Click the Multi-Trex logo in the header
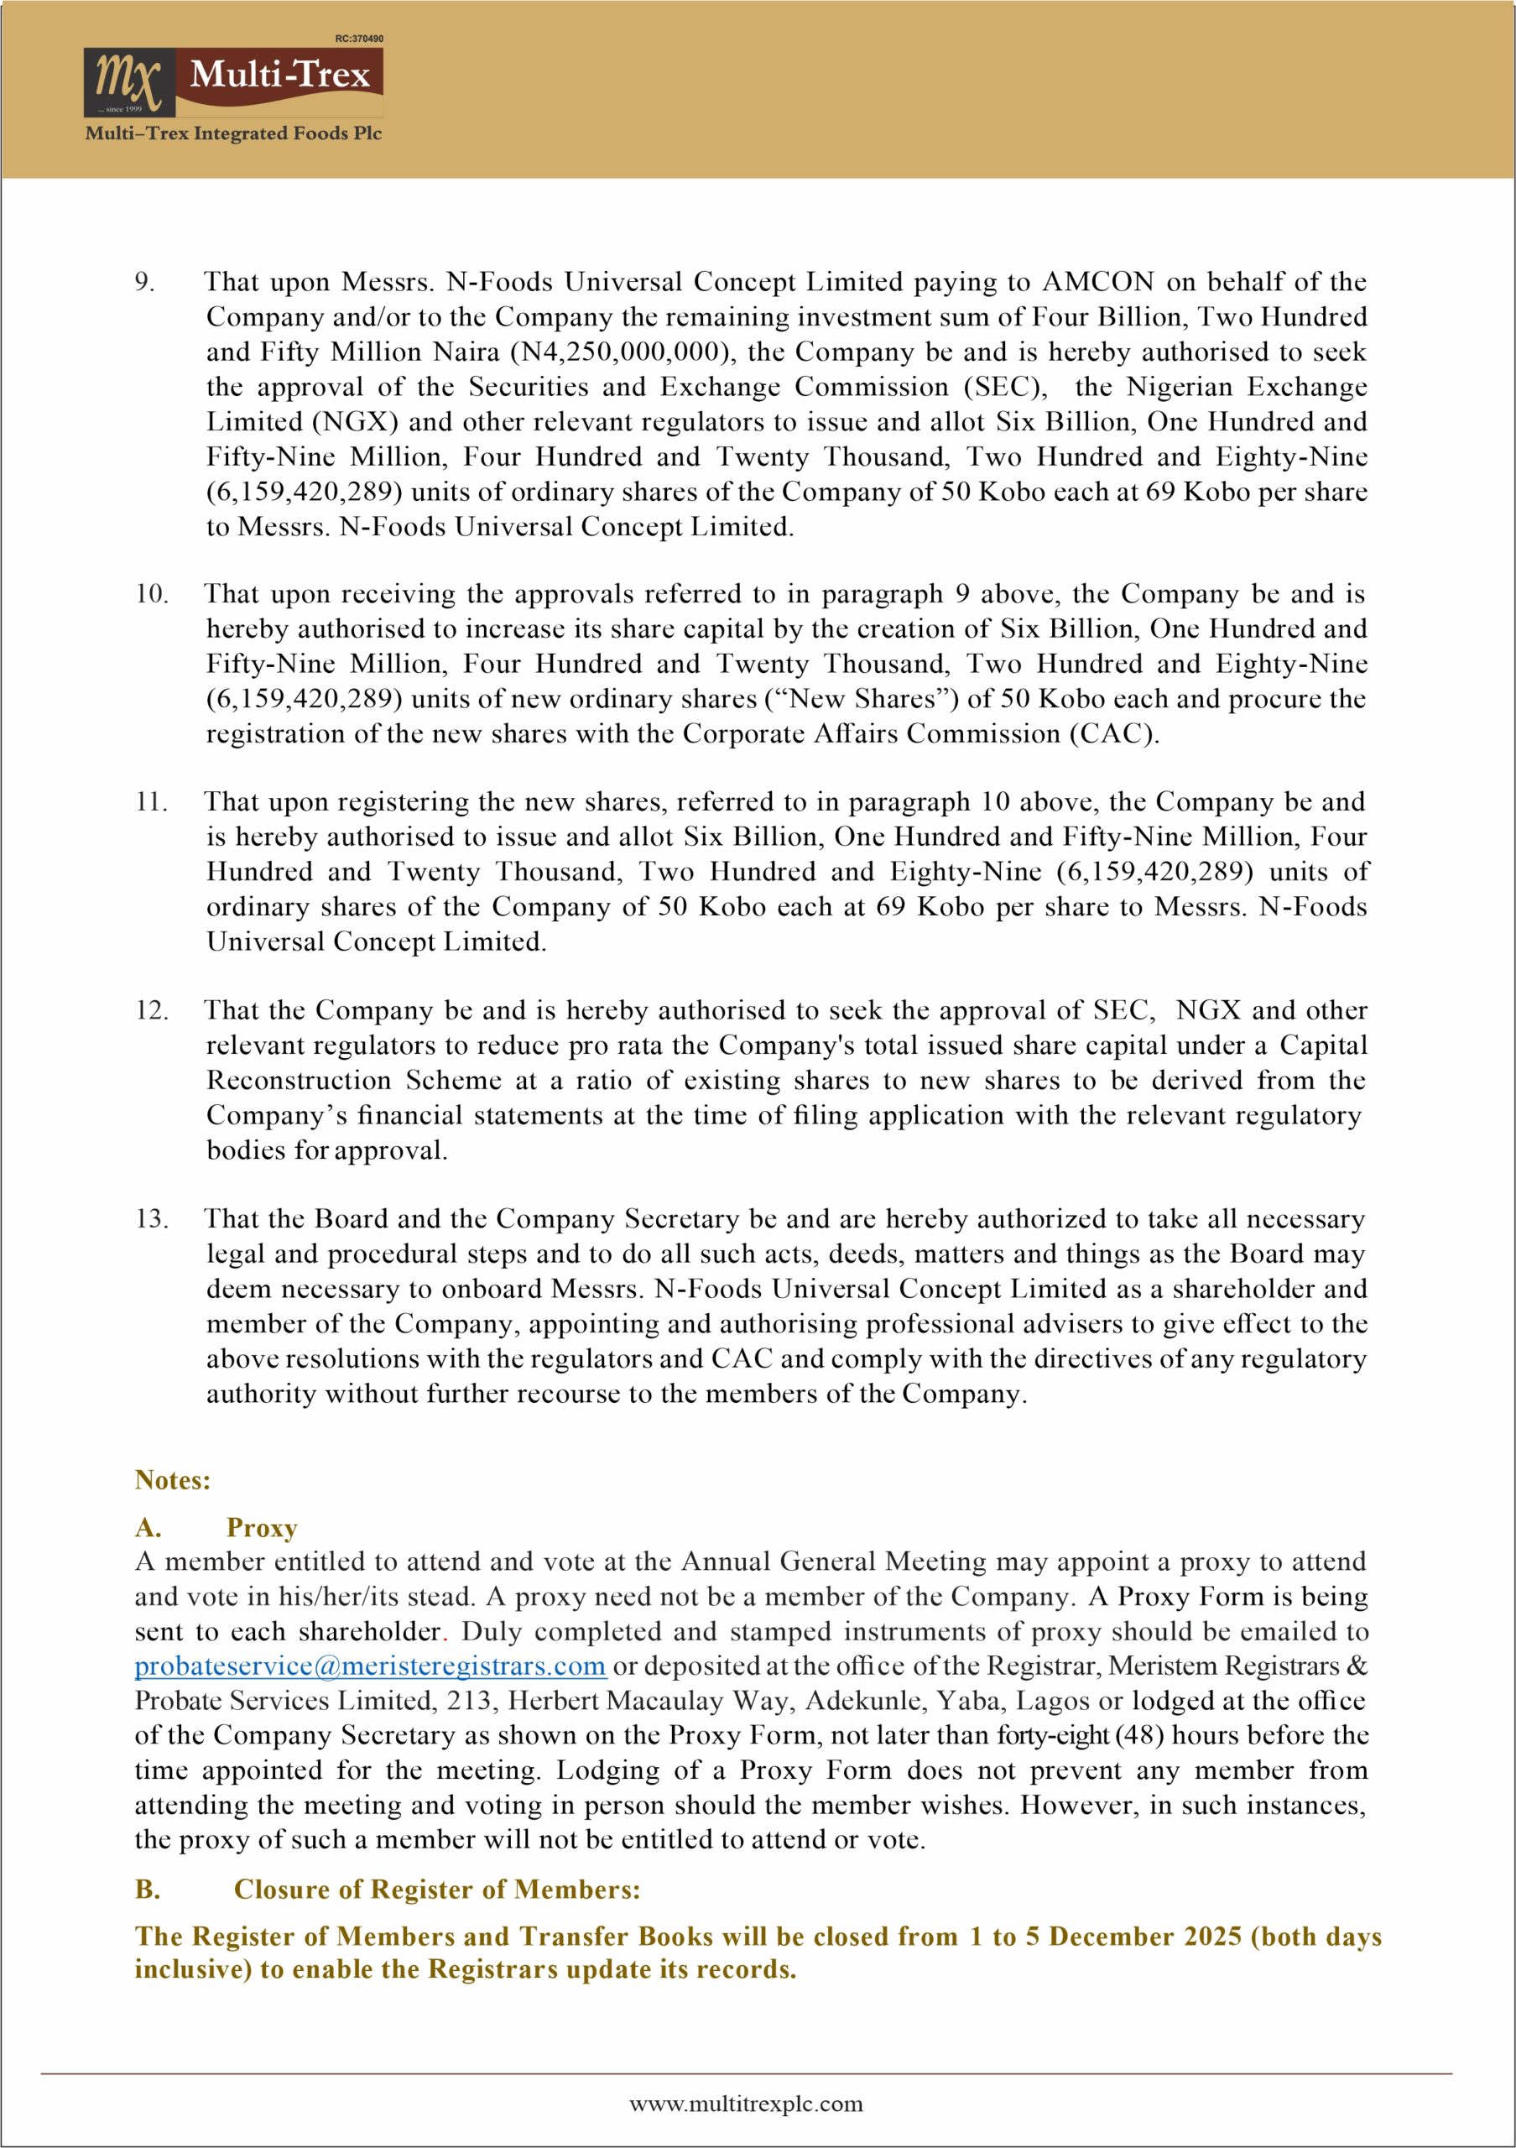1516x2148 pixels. [233, 81]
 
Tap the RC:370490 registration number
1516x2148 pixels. [358, 39]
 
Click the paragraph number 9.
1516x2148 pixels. [145, 282]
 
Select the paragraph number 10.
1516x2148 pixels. [152, 594]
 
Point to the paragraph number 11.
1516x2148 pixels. [152, 802]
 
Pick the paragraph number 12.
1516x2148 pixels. [152, 1010]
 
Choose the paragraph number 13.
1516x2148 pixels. [152, 1219]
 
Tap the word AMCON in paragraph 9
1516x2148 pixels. [1098, 282]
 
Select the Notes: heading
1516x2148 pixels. [173, 1479]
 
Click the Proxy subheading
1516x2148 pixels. [262, 1528]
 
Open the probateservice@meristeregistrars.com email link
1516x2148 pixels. [370, 1666]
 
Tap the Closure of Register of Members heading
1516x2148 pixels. [437, 1889]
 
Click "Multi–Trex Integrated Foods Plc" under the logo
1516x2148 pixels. [234, 133]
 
